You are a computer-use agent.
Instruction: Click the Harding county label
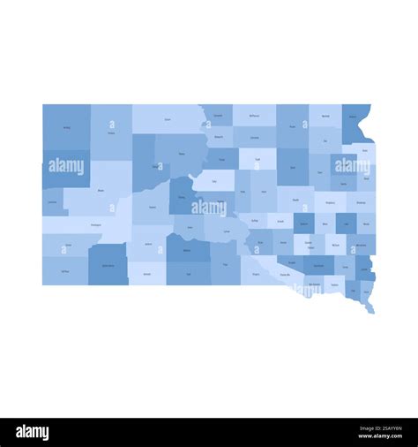point(66,127)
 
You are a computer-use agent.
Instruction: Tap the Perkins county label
point(111,133)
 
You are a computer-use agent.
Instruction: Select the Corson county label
point(168,119)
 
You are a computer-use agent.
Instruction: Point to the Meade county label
point(101,190)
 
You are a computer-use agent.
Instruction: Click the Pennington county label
point(95,224)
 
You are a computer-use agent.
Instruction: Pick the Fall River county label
point(65,271)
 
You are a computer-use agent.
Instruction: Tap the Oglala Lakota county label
point(108,265)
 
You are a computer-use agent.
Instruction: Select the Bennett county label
point(146,274)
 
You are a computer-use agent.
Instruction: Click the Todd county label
point(188,274)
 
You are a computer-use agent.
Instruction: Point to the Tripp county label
point(225,264)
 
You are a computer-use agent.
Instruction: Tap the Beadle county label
point(295,200)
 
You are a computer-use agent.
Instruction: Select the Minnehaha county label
point(362,245)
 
